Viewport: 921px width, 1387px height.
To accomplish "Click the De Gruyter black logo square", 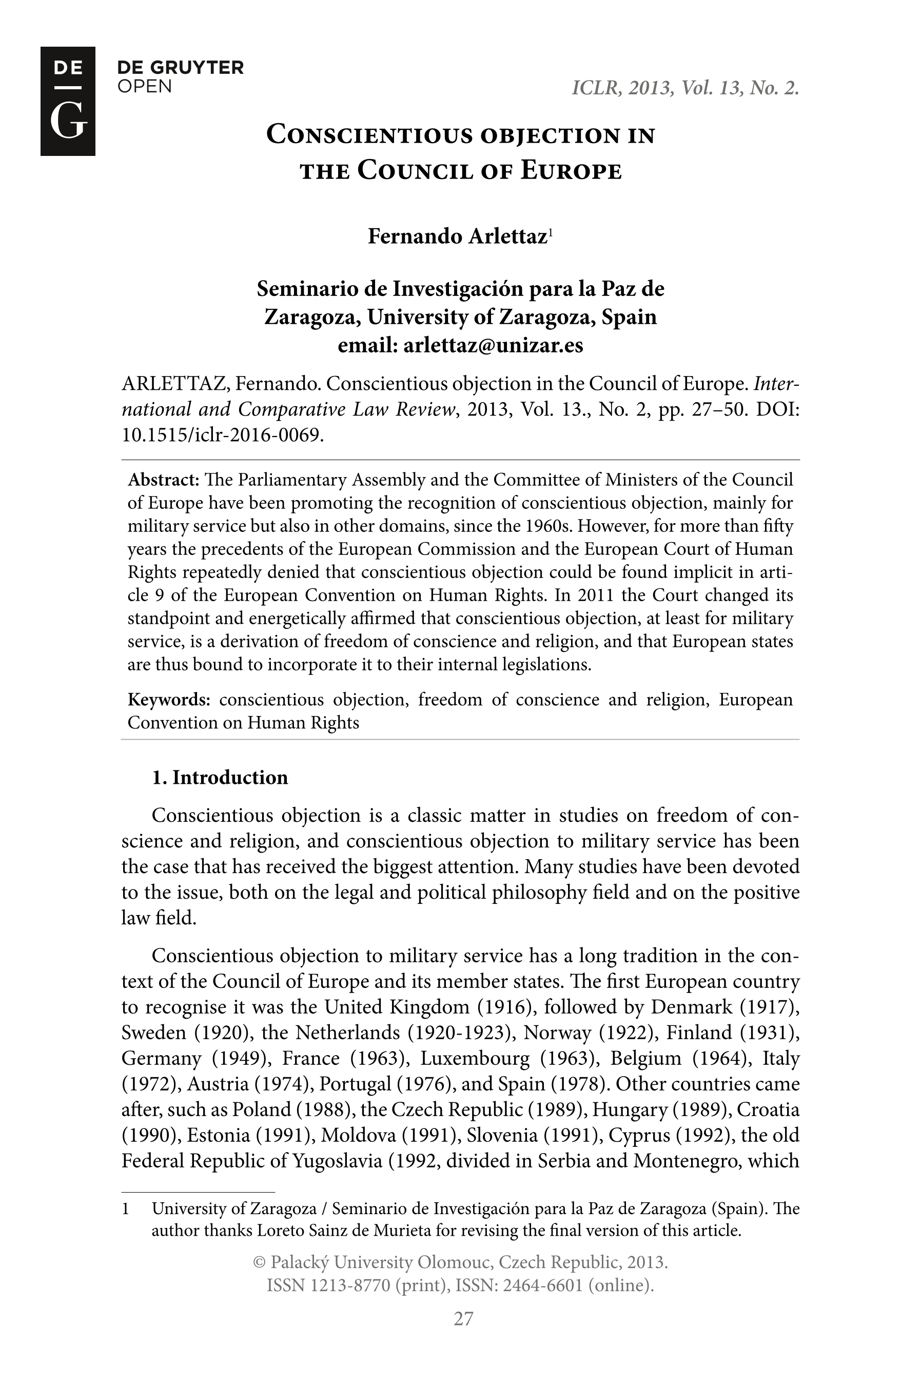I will (68, 101).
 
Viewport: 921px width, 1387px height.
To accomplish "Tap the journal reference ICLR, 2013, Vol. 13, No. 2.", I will (685, 88).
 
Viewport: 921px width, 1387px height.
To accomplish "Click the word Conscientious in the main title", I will (369, 135).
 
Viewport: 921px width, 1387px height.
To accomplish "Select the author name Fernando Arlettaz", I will (457, 236).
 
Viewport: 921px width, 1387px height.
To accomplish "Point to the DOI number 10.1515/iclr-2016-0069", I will (222, 434).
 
